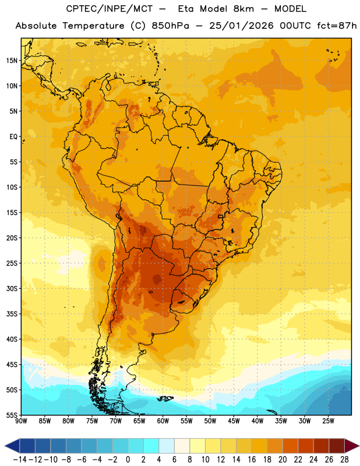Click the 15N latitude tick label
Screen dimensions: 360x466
pyautogui.click(x=12, y=61)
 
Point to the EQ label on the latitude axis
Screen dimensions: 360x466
pyautogui.click(x=13, y=137)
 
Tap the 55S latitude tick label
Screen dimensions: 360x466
pyautogui.click(x=12, y=415)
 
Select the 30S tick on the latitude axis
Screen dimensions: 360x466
pyautogui.click(x=12, y=288)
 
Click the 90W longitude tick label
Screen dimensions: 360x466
pyautogui.click(x=21, y=421)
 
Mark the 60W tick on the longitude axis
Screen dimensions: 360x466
pyautogui.click(x=163, y=421)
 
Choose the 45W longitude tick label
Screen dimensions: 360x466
pyautogui.click(x=234, y=421)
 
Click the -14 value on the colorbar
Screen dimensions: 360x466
pyautogui.click(x=20, y=460)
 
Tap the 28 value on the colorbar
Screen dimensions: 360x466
pyautogui.click(x=344, y=460)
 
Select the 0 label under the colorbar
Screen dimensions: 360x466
pyautogui.click(x=128, y=460)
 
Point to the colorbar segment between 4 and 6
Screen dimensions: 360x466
pyautogui.click(x=167, y=446)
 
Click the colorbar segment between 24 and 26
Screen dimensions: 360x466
pyautogui.click(x=321, y=446)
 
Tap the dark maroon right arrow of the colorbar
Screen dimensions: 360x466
pyautogui.click(x=351, y=446)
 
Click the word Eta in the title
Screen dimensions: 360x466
pyautogui.click(x=186, y=9)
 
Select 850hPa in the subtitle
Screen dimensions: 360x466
pyautogui.click(x=170, y=26)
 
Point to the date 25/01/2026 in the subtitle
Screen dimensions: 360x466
pyautogui.click(x=241, y=26)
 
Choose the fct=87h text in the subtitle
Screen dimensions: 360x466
pyautogui.click(x=337, y=26)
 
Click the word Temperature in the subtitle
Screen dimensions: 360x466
pyautogui.click(x=93, y=26)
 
